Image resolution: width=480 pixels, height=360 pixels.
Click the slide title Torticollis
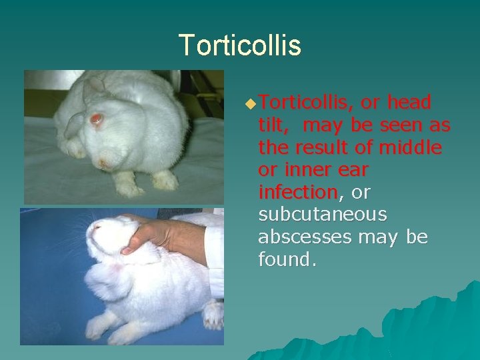coord(240,45)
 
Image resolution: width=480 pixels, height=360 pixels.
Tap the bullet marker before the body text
coord(250,104)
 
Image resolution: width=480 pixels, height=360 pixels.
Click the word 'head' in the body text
coord(409,102)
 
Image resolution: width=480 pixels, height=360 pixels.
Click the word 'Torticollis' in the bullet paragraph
coord(304,102)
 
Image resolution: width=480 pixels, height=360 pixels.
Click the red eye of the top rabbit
coord(97,119)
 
